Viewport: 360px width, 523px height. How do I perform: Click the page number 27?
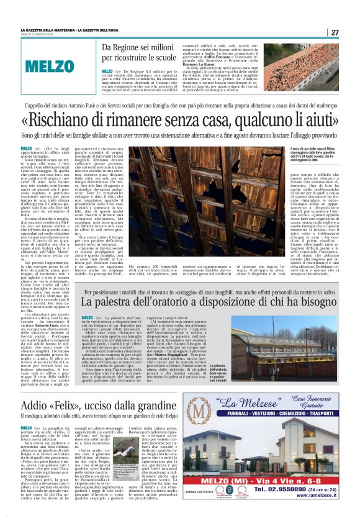click(334, 32)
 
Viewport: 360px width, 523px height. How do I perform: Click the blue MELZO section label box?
click(58, 65)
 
